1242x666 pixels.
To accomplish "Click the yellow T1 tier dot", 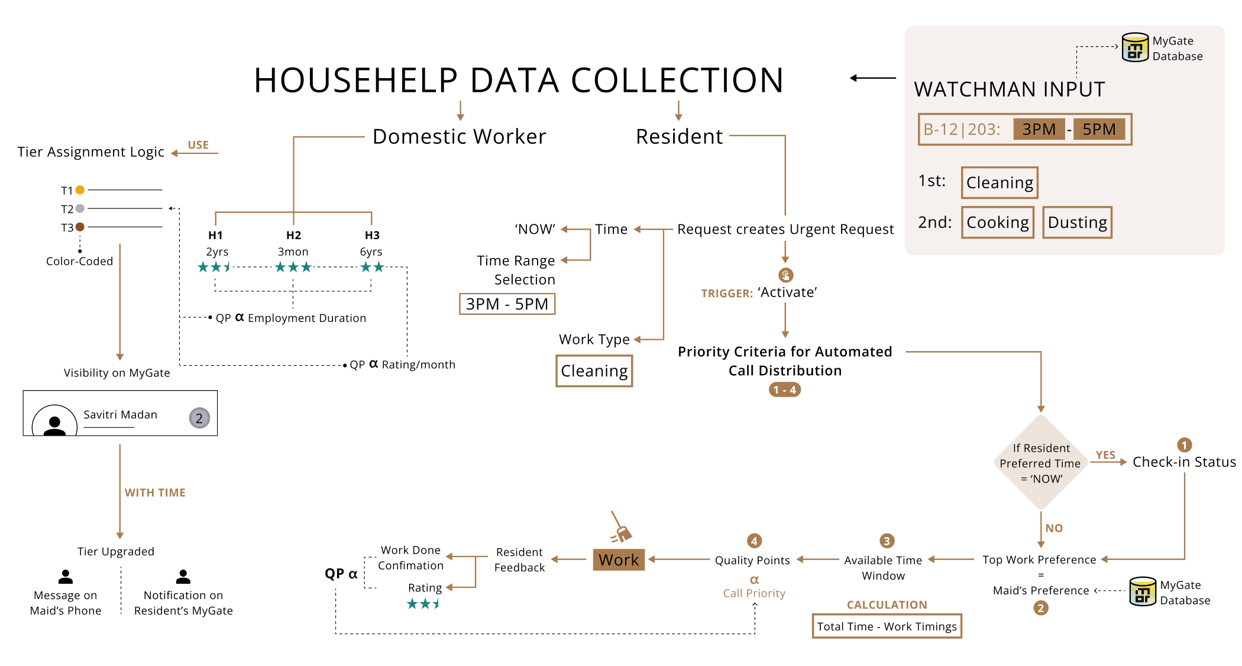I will [80, 190].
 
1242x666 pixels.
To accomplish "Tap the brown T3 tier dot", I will [80, 227].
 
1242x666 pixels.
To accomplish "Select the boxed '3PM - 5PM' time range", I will [507, 304].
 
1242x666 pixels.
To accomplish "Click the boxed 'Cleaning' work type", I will [594, 371].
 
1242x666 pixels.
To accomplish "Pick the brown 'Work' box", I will [618, 559].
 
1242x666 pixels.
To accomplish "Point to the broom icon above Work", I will [620, 528].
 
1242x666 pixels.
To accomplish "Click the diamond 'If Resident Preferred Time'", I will [1040, 462].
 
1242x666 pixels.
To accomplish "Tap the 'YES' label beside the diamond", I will [1105, 455].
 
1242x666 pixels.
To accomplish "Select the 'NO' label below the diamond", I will [1053, 528].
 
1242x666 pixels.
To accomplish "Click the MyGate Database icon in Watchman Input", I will [1135, 48].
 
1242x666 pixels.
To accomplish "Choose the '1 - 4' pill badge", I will [784, 390].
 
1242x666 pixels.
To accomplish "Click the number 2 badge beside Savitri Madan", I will [199, 419].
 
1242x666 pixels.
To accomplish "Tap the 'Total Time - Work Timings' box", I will [887, 626].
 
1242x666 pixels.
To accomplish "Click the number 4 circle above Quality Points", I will [754, 540].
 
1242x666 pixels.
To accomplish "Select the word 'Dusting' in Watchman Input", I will [1077, 223].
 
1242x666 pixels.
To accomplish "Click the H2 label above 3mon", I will [293, 235].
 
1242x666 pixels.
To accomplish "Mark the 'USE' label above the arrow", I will [198, 145].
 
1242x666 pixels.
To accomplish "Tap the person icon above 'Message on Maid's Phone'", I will [66, 577].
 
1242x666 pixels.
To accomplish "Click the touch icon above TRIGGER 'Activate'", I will [785, 275].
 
